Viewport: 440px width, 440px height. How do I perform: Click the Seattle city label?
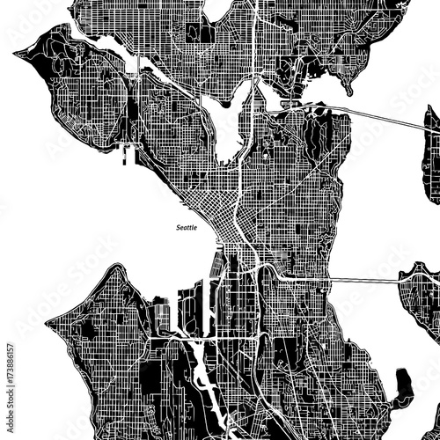pos(187,226)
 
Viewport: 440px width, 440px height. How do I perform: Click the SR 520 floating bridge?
pos(378,117)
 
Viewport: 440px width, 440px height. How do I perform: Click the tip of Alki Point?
pos(48,320)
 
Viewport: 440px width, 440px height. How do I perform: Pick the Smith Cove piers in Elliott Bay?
pos(127,155)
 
